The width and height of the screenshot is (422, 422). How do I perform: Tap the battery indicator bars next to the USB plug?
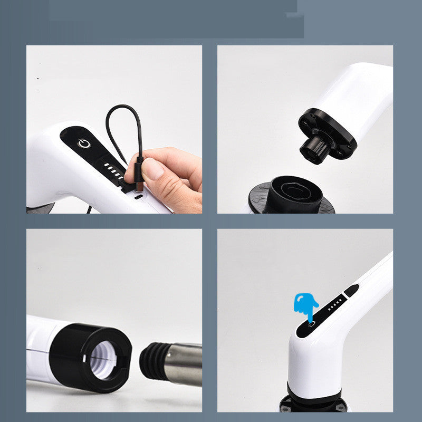pos(113,170)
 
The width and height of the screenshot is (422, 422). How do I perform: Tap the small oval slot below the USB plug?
pos(138,197)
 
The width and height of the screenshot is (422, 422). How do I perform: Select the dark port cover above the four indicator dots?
pos(351,290)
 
